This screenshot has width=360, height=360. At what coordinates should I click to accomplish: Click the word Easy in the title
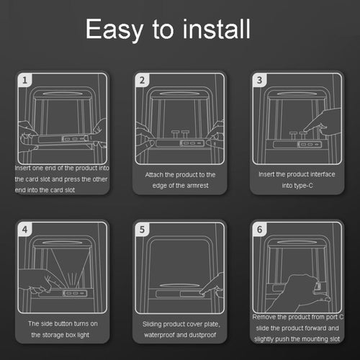[114, 30]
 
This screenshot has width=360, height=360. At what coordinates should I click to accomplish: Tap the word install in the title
[217, 29]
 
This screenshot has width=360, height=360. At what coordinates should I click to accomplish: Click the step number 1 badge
[24, 80]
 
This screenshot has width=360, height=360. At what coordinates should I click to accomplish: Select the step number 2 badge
[142, 80]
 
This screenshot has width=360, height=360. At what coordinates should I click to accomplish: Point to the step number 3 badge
[259, 80]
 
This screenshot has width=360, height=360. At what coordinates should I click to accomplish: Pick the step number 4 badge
[24, 230]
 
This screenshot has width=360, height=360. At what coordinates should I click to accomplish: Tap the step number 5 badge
[142, 230]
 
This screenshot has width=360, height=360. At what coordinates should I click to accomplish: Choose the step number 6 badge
[259, 230]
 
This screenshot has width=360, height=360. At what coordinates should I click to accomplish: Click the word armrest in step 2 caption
[197, 186]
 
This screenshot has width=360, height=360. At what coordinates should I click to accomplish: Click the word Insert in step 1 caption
[22, 168]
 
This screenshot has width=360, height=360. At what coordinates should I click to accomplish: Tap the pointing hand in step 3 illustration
[323, 122]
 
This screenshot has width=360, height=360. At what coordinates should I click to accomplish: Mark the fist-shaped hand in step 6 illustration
[300, 294]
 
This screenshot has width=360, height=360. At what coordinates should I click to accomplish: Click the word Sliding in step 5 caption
[152, 325]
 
